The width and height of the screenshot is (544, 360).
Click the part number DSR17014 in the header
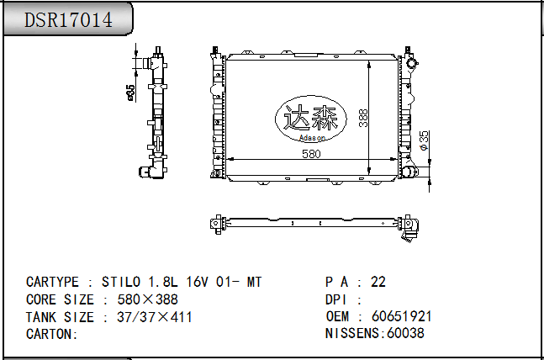click(68, 19)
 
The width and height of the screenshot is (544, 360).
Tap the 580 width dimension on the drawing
click(311, 154)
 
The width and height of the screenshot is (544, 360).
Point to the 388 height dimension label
click(363, 118)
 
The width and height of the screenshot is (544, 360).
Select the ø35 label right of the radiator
click(424, 140)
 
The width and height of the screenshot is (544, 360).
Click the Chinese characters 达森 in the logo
click(311, 118)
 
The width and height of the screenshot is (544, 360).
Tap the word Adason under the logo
click(312, 138)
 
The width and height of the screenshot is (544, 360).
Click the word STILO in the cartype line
click(121, 282)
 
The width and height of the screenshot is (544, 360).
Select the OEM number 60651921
click(401, 316)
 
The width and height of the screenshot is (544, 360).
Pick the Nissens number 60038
click(405, 333)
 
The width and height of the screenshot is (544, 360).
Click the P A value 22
click(378, 282)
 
